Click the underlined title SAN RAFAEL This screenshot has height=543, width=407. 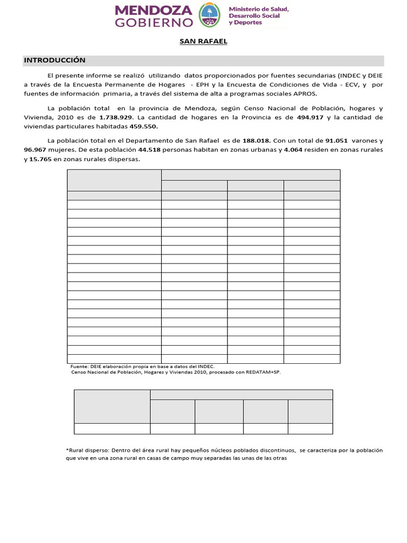203,42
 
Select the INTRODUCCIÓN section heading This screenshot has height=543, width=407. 55,60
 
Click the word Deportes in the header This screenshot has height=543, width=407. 247,23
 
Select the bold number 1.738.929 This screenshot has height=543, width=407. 115,117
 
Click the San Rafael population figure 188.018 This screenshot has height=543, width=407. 256,141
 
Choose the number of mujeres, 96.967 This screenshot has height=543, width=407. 35,150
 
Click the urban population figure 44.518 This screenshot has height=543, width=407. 149,150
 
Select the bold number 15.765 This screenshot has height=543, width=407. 41,160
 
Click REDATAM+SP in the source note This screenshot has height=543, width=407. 262,372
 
